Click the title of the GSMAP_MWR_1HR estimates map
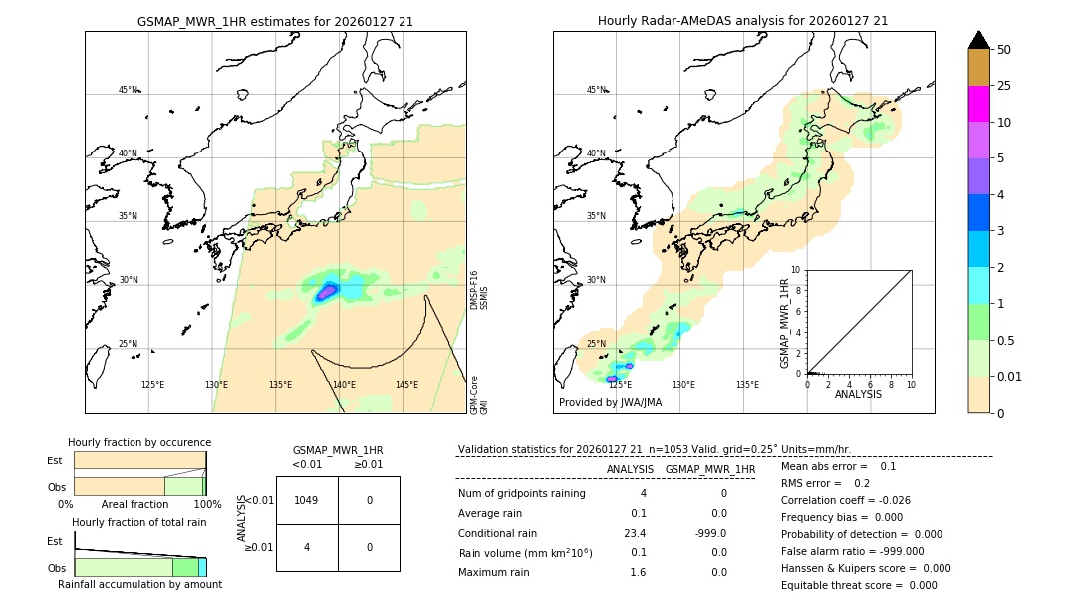tap(275, 21)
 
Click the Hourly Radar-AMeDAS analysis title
tap(742, 21)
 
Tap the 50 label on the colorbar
tap(1004, 50)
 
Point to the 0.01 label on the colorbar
tap(1010, 376)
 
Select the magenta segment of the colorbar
tap(978, 104)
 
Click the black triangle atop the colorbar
tap(978, 40)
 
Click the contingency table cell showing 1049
tap(307, 500)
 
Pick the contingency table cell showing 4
tap(307, 547)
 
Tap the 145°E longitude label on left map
tap(406, 385)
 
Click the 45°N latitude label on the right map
tap(596, 90)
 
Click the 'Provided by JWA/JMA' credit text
tap(610, 403)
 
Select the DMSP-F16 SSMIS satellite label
tap(479, 290)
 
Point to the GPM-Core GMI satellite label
tap(479, 394)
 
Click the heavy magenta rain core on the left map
tap(327, 293)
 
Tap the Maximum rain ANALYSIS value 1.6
tap(638, 572)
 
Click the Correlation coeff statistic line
tap(846, 500)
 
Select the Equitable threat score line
tap(859, 585)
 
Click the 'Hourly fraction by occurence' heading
tap(139, 442)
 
